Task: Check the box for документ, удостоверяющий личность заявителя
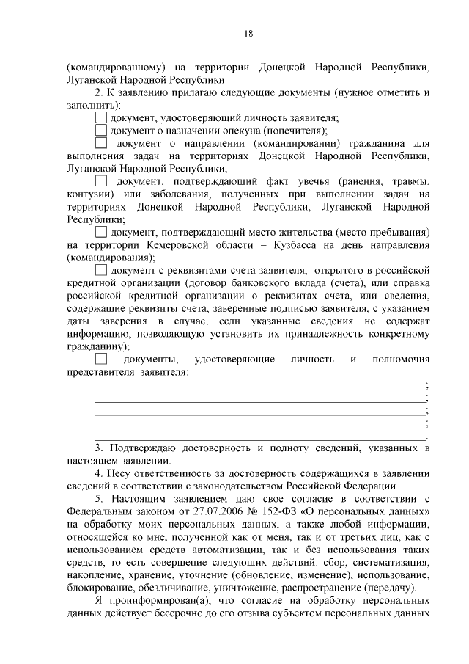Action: tap(101, 117)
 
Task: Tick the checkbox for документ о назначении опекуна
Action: tap(101, 130)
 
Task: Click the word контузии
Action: tap(89, 194)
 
